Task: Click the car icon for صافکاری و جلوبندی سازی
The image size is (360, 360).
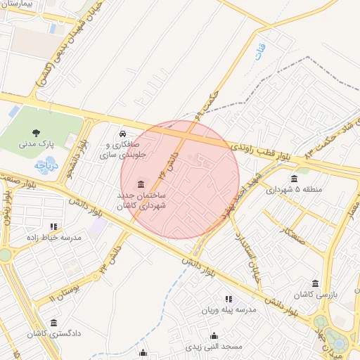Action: (x=122, y=134)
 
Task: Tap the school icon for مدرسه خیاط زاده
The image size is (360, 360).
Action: (x=53, y=226)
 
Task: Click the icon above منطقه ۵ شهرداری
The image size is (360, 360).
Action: (x=294, y=179)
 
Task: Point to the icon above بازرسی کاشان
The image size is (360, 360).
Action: (x=315, y=283)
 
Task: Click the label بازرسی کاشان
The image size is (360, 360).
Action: (x=316, y=295)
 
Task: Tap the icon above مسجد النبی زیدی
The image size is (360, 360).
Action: (x=214, y=335)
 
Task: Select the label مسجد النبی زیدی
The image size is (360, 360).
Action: (x=214, y=347)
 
